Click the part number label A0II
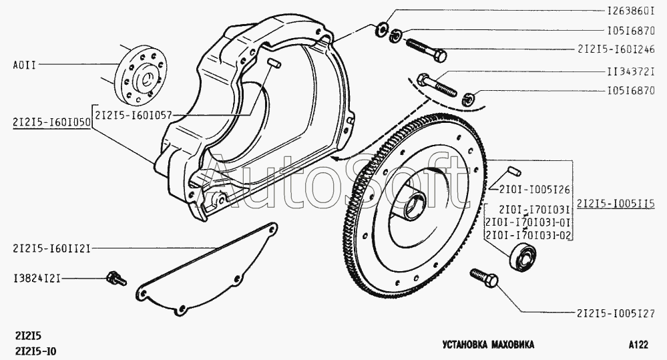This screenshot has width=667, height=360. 25,65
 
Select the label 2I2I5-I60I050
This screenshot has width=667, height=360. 51,122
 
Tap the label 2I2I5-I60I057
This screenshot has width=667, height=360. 133,115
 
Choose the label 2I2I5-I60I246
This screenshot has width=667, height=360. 616,49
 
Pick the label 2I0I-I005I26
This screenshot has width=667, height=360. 534,190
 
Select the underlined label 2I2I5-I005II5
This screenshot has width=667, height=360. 616,204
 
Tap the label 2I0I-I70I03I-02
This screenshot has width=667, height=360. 529,235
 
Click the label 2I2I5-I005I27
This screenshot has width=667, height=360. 616,314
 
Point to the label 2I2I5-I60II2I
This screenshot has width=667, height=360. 51,248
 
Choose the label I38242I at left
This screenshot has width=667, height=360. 37,279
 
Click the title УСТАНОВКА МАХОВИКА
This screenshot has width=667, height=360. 488,344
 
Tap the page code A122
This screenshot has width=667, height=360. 638,344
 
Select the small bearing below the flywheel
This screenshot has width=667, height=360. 522,256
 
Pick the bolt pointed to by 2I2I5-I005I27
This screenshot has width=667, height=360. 484,277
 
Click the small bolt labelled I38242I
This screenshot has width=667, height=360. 116,279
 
